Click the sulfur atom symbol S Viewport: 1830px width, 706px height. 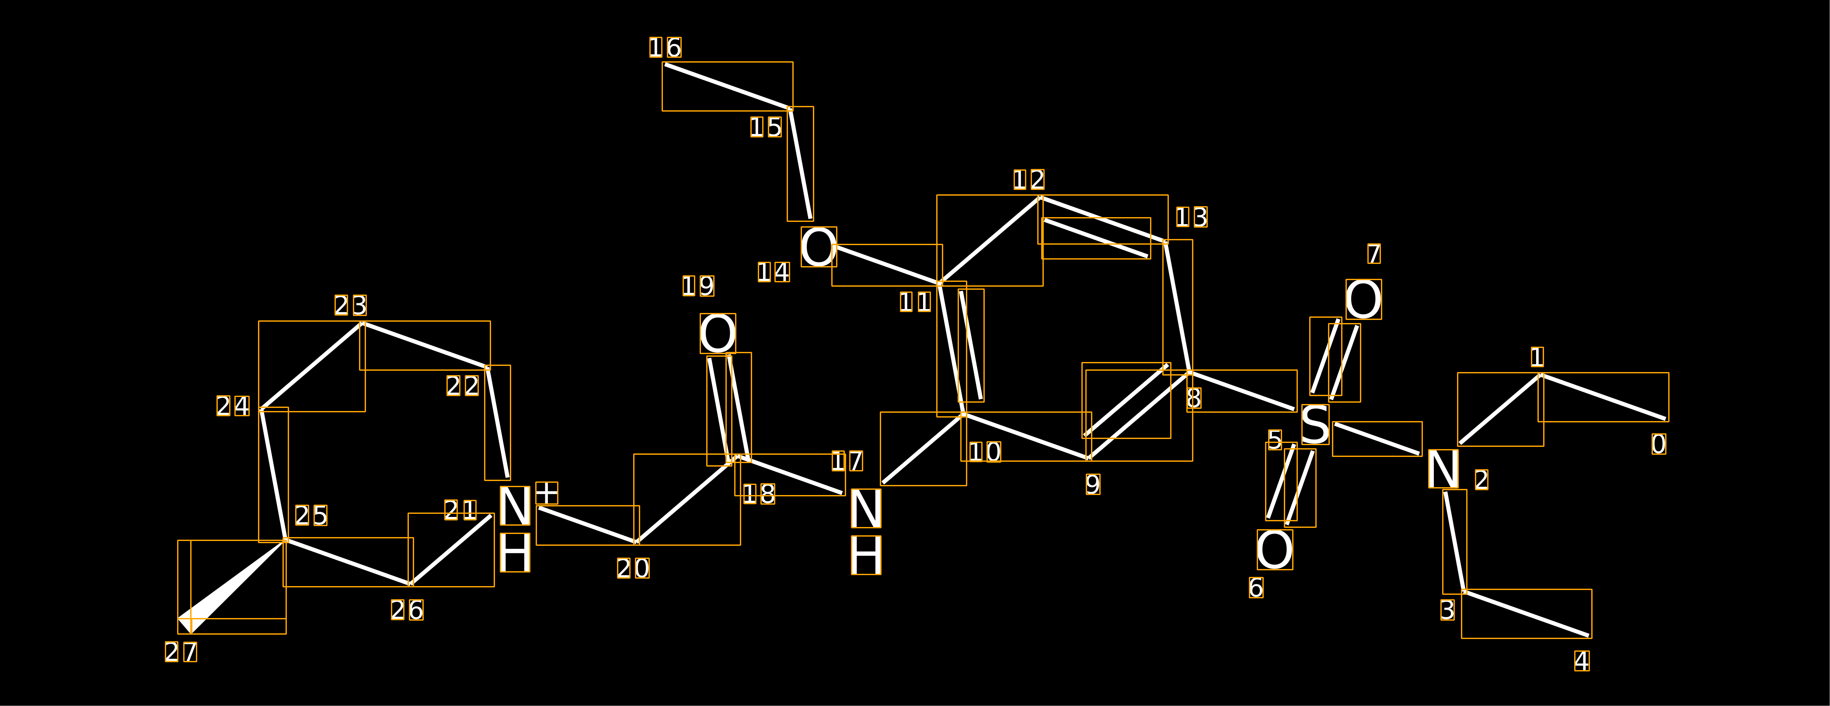click(x=1315, y=425)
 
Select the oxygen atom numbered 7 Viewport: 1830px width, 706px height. click(x=1363, y=299)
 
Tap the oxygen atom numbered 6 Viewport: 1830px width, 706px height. click(x=1275, y=550)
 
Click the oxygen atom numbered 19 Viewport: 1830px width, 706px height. click(x=718, y=334)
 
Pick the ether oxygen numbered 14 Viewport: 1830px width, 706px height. click(x=819, y=247)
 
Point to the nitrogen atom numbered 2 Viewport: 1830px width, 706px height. click(x=1443, y=468)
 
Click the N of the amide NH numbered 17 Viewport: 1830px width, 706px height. click(x=866, y=508)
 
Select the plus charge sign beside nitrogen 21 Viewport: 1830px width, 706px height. click(x=546, y=493)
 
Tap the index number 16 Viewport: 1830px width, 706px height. click(x=665, y=48)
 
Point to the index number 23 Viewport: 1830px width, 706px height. click(x=351, y=305)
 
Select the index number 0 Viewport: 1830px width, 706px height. click(x=1658, y=444)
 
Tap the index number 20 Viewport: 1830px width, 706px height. click(x=633, y=568)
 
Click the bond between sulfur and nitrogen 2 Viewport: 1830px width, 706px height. click(x=1377, y=439)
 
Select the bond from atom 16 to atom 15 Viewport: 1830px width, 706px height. click(x=728, y=86)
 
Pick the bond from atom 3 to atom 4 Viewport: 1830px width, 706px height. click(x=1526, y=614)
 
